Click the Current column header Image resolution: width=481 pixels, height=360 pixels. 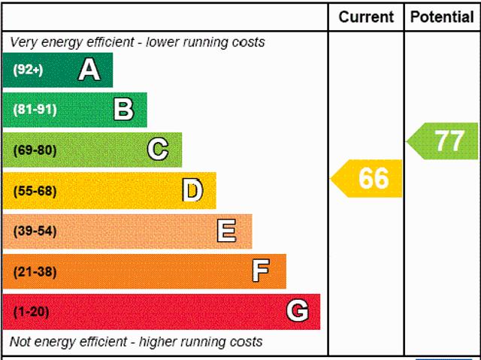tap(366, 17)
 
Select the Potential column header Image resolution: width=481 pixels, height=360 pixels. tap(443, 17)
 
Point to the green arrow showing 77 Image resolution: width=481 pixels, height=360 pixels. tap(444, 141)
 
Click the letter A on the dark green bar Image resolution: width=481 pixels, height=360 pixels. tap(89, 70)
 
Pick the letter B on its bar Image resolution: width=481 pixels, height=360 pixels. tap(123, 110)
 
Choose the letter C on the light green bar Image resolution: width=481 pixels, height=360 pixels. tap(157, 150)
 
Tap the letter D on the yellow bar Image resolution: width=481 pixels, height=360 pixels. tap(192, 190)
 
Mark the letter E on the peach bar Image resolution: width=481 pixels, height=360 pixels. tap(226, 231)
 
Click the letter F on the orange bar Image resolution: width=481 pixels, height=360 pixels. tap(261, 271)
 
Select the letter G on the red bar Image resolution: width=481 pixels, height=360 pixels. tap(298, 311)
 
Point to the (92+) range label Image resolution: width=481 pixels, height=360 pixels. tap(28, 71)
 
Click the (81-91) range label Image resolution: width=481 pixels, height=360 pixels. tap(35, 110)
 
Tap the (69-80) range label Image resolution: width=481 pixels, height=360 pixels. tap(35, 150)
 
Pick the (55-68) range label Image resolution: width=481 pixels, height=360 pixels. tap(35, 191)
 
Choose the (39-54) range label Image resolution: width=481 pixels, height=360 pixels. tap(35, 231)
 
